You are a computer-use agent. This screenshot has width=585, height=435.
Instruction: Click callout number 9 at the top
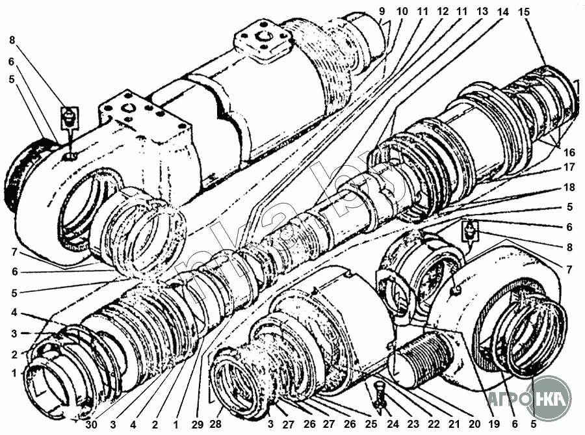382,11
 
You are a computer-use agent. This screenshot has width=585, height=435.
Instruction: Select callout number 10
402,11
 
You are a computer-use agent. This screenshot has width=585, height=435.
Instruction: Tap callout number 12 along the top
442,11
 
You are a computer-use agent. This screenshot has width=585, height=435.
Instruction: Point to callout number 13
482,11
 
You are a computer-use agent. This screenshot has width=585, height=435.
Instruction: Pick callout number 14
503,12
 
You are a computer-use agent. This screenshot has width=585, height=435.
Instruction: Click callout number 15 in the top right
524,12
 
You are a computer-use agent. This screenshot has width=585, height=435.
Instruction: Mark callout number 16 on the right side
569,152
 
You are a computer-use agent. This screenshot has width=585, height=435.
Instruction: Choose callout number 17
569,166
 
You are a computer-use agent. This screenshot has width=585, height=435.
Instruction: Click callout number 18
569,187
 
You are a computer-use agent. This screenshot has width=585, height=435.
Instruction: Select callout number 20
474,424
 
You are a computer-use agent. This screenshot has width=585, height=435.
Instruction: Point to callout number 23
413,424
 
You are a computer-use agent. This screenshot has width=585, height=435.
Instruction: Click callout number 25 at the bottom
371,424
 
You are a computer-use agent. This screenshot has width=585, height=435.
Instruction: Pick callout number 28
216,424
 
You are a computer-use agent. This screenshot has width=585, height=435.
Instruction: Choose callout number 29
198,424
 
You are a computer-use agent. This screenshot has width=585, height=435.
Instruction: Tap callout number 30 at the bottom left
92,424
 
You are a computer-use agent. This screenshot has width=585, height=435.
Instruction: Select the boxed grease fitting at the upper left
70,118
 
